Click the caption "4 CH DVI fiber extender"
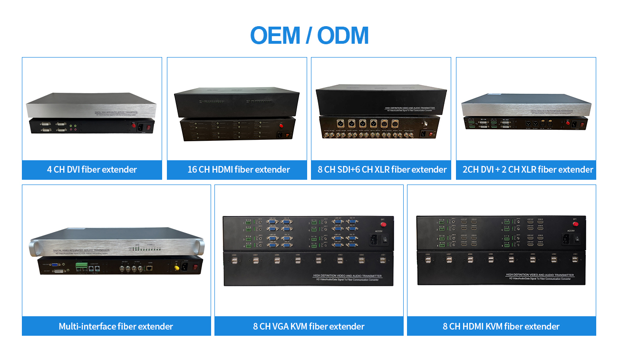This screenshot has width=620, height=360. pyautogui.click(x=92, y=170)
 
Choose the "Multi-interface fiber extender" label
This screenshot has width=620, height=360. pyautogui.click(x=116, y=327)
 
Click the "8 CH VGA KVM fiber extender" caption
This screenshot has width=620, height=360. pyautogui.click(x=309, y=327)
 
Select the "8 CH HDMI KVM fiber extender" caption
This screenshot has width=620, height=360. pyautogui.click(x=501, y=327)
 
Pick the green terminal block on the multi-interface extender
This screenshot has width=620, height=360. pyautogui.click(x=79, y=269)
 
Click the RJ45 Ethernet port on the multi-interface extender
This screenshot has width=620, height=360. pyautogui.click(x=150, y=269)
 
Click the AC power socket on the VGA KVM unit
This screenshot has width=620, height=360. pyautogui.click(x=373, y=240)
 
